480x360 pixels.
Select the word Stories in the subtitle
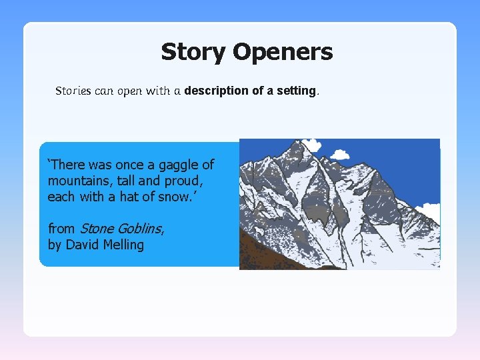73,91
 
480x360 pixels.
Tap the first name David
83,245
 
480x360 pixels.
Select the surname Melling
124,245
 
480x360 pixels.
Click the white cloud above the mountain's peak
310,145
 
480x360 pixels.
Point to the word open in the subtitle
130,91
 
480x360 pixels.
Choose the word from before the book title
61,229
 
